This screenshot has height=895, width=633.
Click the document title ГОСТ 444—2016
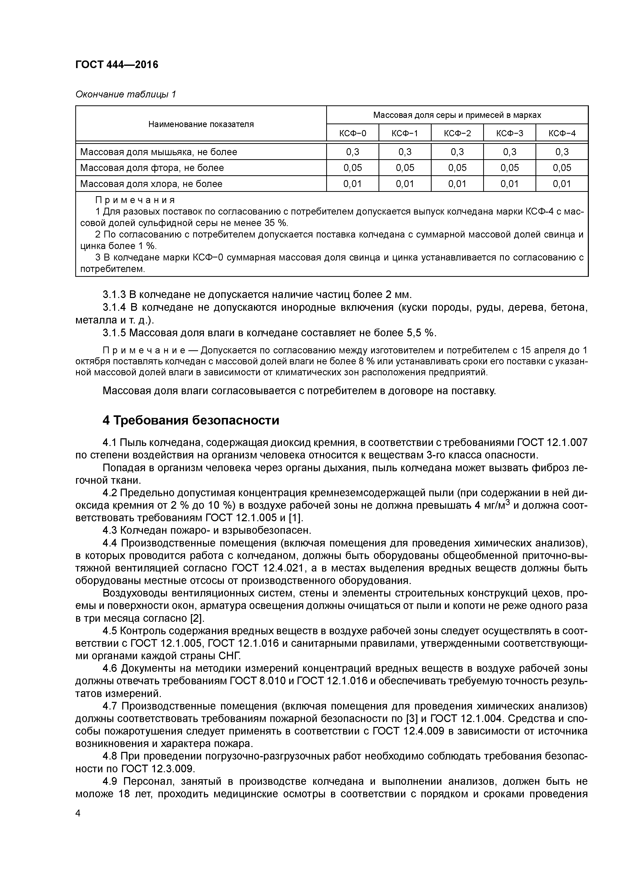pyautogui.click(x=117, y=64)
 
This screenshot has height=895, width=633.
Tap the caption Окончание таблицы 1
pyautogui.click(x=126, y=94)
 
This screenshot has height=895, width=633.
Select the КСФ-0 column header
pyautogui.click(x=352, y=133)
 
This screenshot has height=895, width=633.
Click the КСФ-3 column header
pyautogui.click(x=509, y=133)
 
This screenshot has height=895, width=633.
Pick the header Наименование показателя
pyautogui.click(x=201, y=124)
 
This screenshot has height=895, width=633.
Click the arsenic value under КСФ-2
pyautogui.click(x=457, y=152)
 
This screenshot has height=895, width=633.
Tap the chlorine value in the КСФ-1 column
pyautogui.click(x=405, y=184)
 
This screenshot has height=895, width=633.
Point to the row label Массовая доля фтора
pyautogui.click(x=152, y=168)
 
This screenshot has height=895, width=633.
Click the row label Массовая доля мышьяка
pyautogui.click(x=158, y=152)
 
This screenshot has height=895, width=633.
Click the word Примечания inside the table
pyautogui.click(x=135, y=200)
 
